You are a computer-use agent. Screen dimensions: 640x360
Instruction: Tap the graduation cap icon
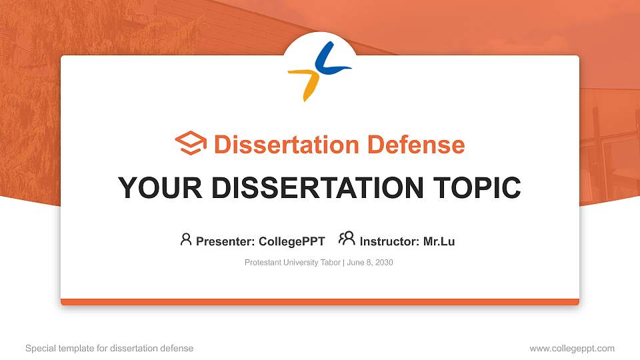191,143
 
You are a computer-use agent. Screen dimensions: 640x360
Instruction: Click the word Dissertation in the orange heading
286,145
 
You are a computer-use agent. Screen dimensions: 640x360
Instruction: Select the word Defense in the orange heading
416,145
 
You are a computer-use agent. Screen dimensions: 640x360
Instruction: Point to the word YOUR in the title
160,188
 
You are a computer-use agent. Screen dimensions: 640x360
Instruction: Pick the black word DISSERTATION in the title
317,188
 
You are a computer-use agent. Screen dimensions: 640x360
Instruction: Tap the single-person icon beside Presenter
186,239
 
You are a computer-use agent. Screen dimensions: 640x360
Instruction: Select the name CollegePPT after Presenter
292,241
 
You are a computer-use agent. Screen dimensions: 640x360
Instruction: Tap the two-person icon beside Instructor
347,239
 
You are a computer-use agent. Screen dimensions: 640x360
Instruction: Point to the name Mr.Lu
439,241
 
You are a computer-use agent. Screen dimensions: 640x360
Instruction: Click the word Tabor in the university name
330,263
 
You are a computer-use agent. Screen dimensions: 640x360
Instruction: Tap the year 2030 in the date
384,263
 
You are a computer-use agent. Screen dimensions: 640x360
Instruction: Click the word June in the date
355,263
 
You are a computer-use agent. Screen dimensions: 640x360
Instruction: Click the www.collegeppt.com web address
572,349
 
